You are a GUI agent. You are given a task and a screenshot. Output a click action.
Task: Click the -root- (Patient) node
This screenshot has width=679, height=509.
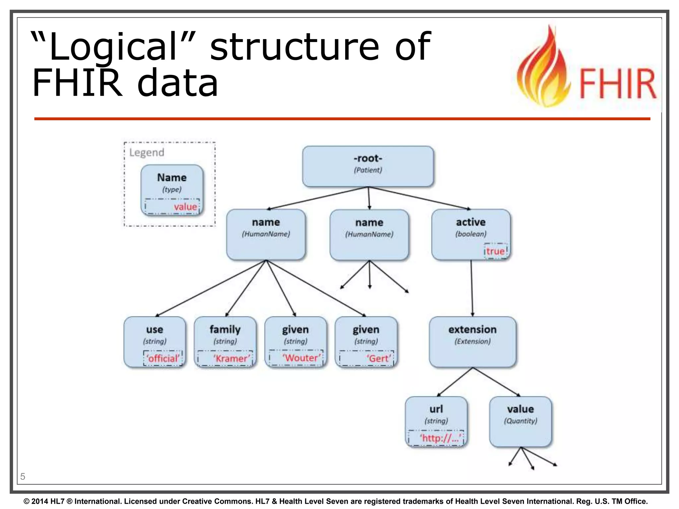point(368,166)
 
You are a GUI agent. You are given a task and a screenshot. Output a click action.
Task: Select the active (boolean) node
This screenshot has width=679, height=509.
point(470,229)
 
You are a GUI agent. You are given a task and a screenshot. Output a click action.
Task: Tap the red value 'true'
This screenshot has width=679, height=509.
point(495,251)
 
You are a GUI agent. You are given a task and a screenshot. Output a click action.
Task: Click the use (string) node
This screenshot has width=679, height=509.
point(154,335)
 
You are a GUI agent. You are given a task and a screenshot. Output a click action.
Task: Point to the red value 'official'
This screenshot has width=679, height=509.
point(163,358)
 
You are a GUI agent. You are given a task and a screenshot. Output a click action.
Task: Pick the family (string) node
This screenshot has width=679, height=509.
point(225,335)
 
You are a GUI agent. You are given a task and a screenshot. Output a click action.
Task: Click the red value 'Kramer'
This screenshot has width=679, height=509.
point(231,358)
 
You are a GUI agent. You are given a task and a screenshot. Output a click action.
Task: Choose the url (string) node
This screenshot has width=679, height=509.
point(436,414)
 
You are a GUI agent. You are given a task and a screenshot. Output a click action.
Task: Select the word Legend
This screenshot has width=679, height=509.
point(147,152)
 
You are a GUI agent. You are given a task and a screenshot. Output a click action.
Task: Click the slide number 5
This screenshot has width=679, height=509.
point(23,477)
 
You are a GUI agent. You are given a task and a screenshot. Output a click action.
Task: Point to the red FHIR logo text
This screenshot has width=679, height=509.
point(617,84)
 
